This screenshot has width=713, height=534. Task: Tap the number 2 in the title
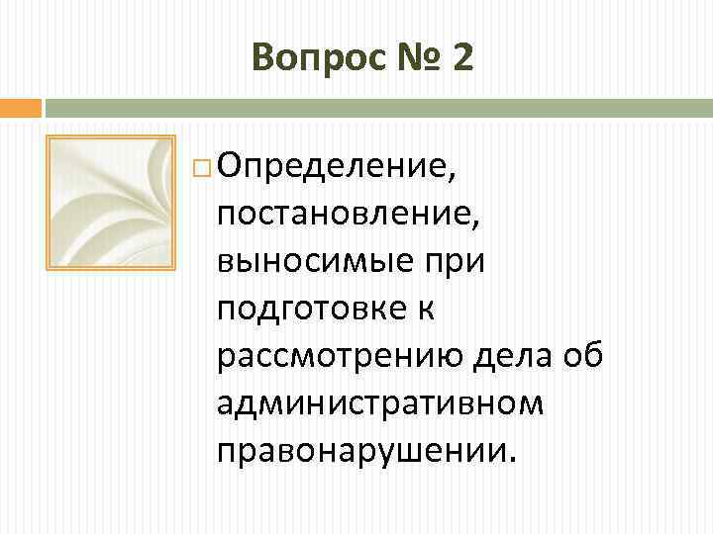click(x=461, y=59)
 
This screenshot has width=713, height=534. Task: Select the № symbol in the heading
click(x=413, y=59)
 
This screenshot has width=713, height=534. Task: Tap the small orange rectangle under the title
click(x=21, y=107)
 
